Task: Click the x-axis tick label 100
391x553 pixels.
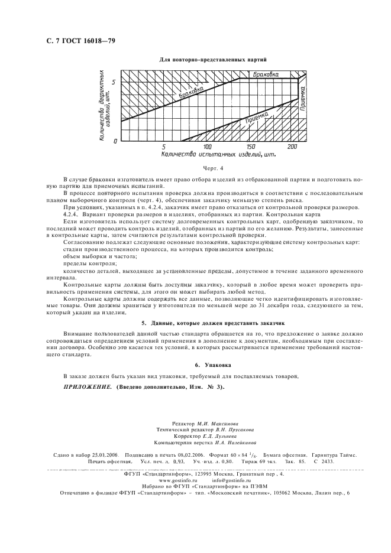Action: [207, 146]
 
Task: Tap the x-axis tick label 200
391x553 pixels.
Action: [292, 146]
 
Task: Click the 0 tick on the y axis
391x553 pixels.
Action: [116, 141]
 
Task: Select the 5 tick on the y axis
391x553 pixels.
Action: [116, 80]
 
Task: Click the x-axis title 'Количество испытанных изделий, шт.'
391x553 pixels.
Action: [218, 155]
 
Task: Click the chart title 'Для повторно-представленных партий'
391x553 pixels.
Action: [214, 60]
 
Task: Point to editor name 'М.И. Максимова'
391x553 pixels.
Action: [221, 424]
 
